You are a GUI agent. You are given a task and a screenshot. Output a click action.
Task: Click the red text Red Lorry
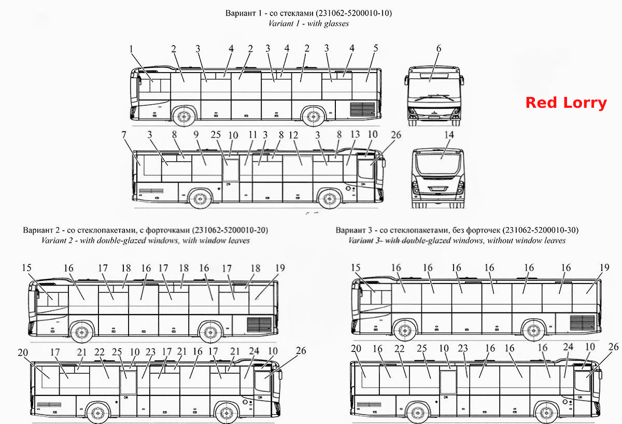click(x=566, y=103)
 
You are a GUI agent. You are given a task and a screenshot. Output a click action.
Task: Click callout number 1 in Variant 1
click(x=131, y=49)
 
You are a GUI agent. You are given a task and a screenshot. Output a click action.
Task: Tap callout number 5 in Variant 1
click(x=375, y=48)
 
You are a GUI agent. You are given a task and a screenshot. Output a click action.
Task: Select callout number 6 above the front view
click(x=439, y=48)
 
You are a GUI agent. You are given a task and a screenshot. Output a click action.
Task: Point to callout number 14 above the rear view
click(x=449, y=135)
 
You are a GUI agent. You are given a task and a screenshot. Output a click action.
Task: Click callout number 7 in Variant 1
click(x=124, y=135)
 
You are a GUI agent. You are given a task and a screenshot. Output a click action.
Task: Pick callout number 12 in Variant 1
click(x=293, y=135)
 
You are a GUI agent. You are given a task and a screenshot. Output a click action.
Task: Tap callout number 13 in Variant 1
click(x=355, y=134)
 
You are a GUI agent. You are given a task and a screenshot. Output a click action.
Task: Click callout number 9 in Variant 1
click(x=196, y=134)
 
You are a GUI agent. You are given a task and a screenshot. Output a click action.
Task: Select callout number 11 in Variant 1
click(x=252, y=135)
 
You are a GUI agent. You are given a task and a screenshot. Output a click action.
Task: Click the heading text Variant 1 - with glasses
click(x=308, y=23)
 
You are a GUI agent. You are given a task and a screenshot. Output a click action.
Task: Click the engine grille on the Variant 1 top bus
click(x=362, y=109)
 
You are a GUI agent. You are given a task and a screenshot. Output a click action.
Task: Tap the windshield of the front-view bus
click(x=434, y=86)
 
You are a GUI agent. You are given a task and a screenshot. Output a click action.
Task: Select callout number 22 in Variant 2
click(x=99, y=352)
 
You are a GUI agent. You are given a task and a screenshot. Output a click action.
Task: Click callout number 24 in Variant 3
click(x=568, y=347)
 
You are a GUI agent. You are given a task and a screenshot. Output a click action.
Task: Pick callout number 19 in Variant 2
click(x=280, y=268)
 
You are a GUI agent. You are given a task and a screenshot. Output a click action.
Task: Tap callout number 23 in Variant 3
click(x=463, y=348)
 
